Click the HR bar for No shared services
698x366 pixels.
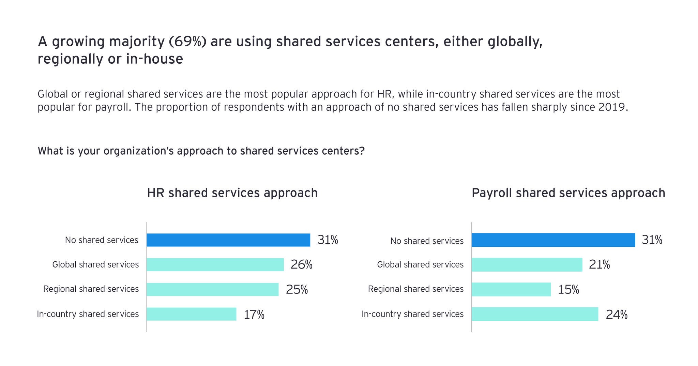[228, 240]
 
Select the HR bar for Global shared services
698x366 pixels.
[215, 264]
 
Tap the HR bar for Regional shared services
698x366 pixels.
[212, 289]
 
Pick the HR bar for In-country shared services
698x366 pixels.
[192, 314]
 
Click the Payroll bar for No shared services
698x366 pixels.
[553, 240]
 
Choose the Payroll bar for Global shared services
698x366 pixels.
[527, 264]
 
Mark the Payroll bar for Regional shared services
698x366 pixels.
[511, 289]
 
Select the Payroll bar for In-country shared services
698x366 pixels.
[535, 314]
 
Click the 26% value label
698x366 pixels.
[301, 265]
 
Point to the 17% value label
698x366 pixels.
[254, 315]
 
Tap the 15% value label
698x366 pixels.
[568, 290]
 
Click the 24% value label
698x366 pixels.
[616, 315]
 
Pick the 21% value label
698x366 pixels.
[599, 265]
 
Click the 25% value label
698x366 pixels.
[297, 290]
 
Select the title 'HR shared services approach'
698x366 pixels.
[232, 193]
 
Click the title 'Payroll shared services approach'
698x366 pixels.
[568, 193]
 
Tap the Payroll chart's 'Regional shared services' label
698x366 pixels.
[415, 289]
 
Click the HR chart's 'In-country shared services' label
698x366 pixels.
[88, 314]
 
